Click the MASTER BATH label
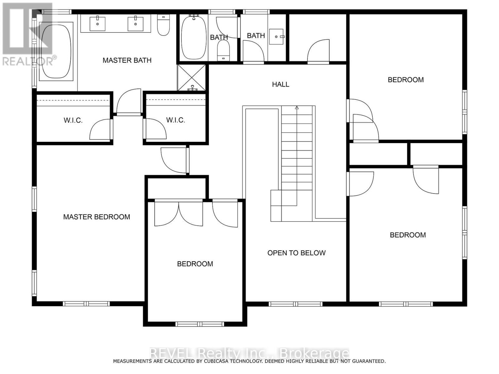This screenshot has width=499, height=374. point(127,60)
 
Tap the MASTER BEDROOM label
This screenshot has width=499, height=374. point(96,217)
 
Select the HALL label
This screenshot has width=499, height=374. point(280,84)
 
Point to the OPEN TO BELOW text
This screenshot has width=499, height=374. point(296,253)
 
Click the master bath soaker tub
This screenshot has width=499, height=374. point(56,51)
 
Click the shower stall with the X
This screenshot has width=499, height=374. point(191,78)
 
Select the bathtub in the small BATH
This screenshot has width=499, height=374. point(194,37)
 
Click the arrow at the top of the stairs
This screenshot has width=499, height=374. point(297,108)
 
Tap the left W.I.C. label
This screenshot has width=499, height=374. point(73,120)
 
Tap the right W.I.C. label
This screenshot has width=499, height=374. point(176,120)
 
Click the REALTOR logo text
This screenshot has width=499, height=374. point(30,60)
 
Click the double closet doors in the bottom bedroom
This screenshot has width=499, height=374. point(179,214)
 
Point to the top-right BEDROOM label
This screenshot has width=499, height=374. point(405,80)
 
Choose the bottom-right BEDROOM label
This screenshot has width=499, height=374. point(408,235)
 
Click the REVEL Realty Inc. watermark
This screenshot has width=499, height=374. point(249,353)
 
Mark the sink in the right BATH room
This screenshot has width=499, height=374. point(276,37)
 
